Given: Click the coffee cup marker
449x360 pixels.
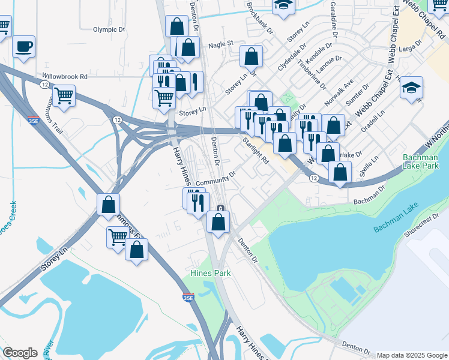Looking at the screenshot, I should pos(23,47).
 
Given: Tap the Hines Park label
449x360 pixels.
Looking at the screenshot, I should pos(210,273).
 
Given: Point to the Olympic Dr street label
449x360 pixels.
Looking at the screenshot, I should pos(109,29).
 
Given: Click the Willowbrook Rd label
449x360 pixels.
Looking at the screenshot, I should pos(65,77).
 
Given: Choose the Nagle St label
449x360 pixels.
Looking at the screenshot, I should pos(220,44).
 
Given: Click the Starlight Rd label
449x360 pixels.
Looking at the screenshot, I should pos(256,152).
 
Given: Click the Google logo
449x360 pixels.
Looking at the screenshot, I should pos(20,353).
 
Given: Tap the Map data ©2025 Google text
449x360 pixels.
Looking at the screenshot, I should pos(412,355).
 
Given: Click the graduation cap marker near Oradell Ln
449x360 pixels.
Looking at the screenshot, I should pos(411,88).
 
